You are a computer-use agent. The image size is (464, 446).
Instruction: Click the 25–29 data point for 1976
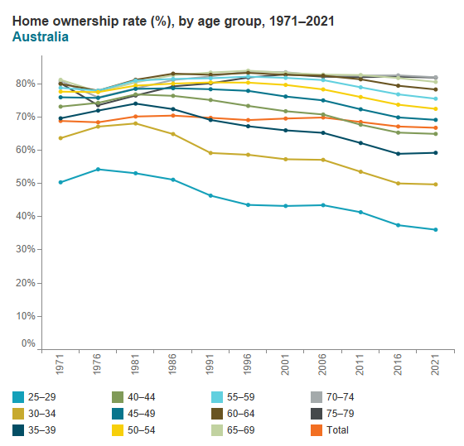tap(99, 170)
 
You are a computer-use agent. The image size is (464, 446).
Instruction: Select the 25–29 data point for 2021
tap(436, 230)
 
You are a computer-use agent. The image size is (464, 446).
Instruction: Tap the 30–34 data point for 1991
tap(210, 153)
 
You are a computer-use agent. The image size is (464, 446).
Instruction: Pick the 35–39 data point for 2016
tap(398, 154)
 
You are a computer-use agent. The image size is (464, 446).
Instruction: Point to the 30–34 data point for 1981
tap(136, 123)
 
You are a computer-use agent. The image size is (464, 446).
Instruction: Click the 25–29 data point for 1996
tap(249, 205)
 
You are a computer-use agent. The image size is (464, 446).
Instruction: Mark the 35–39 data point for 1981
tap(136, 103)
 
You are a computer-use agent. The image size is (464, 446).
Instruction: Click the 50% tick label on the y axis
tap(26, 183)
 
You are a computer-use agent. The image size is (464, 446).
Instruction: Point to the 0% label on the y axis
tap(28, 343)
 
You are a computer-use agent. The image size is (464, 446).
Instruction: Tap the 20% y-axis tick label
tap(26, 283)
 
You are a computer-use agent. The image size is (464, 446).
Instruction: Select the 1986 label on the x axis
tap(172, 364)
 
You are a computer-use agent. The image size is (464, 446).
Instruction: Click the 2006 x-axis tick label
tap(322, 364)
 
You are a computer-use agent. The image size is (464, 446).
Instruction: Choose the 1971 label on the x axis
tap(60, 364)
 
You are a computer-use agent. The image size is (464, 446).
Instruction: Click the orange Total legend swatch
tap(317, 430)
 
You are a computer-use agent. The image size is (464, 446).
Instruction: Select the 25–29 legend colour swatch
tap(18, 397)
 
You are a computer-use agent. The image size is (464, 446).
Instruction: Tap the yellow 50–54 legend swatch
tap(118, 430)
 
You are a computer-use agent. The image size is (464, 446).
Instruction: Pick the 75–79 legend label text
tap(340, 414)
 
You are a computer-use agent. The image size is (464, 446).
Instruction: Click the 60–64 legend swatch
tap(217, 414)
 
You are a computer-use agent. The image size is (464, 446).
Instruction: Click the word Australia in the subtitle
tap(41, 37)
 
